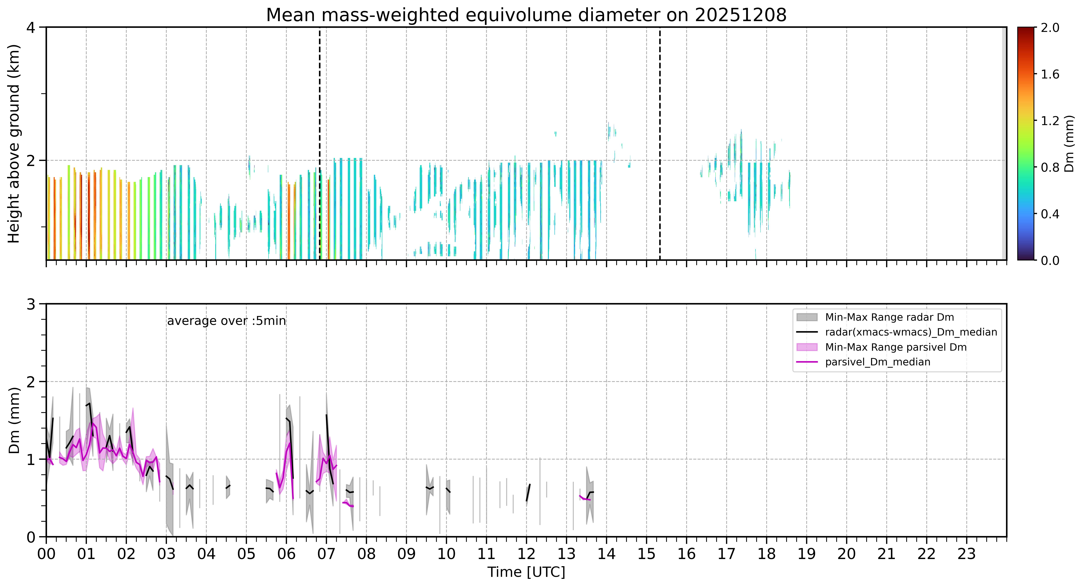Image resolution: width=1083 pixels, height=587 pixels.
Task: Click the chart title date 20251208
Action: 740,15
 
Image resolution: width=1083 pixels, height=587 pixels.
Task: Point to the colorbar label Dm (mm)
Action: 1069,144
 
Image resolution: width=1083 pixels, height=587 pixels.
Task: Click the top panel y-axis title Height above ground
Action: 14,144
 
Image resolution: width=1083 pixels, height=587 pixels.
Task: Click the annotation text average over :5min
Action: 226,321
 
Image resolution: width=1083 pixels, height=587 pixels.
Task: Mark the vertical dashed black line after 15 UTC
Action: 660,144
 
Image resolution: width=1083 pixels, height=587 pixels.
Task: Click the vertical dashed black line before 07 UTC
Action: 320,144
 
